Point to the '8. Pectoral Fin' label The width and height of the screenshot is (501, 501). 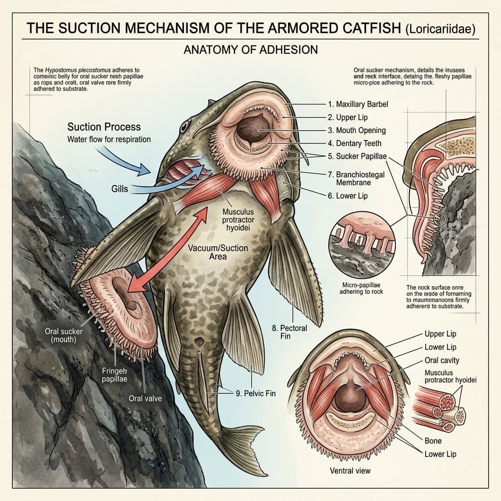tap(290, 333)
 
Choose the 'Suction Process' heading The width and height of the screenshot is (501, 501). tap(104, 127)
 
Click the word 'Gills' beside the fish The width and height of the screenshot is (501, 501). tap(119, 188)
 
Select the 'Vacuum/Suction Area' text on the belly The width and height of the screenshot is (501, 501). tap(218, 252)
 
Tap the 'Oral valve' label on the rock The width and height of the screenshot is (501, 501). tap(145, 398)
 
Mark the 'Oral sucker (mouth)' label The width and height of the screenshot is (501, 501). tap(64, 336)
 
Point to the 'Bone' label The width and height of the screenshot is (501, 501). tap(433, 441)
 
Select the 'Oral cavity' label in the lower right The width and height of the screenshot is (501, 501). tap(442, 361)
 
